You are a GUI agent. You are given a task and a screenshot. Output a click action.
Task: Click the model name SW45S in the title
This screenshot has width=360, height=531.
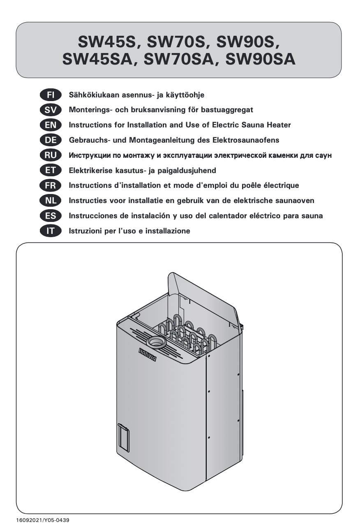pyautogui.click(x=108, y=42)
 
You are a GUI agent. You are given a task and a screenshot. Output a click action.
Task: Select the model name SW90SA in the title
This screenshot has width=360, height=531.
pyautogui.click(x=260, y=60)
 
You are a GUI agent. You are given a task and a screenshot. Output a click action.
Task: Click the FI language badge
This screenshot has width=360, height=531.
pyautogui.click(x=51, y=95)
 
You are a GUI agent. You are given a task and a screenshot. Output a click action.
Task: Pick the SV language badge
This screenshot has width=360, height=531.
pyautogui.click(x=51, y=110)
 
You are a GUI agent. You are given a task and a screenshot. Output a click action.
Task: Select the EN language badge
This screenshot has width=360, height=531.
pyautogui.click(x=51, y=125)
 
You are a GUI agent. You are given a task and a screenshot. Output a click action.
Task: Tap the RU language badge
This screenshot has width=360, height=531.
pyautogui.click(x=51, y=155)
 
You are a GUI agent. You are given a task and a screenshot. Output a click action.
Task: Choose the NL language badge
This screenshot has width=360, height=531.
pyautogui.click(x=51, y=201)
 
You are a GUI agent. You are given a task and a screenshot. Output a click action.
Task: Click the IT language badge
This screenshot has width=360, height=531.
pyautogui.click(x=51, y=231)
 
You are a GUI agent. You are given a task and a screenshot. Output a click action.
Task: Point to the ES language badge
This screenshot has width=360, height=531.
pyautogui.click(x=51, y=216)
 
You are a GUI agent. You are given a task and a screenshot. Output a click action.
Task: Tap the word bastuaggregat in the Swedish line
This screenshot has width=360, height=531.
pyautogui.click(x=227, y=110)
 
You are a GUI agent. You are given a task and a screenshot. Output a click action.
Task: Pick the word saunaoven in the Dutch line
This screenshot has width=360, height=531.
pyautogui.click(x=295, y=201)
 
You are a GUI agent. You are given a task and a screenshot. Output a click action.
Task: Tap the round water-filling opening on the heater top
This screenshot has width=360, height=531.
pyautogui.click(x=155, y=342)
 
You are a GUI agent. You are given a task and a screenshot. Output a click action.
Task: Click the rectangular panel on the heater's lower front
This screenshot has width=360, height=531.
pyautogui.click(x=123, y=438)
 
